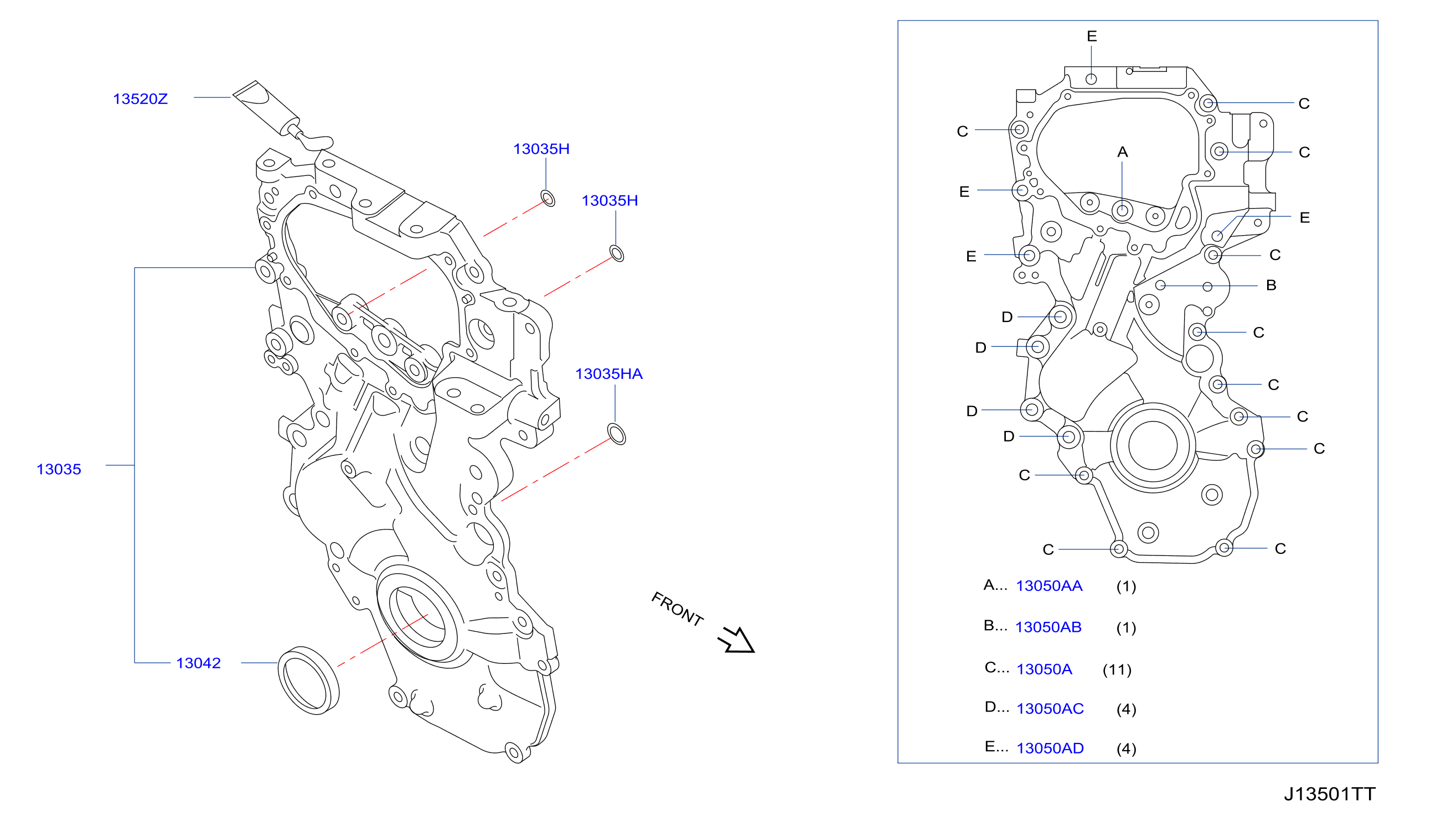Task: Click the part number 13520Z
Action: click(141, 99)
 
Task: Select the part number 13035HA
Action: click(608, 374)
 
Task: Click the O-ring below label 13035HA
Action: click(617, 434)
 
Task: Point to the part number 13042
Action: click(198, 663)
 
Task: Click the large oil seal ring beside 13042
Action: click(308, 680)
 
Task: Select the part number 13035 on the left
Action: click(59, 469)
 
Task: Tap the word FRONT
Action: click(678, 610)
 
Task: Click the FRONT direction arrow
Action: click(737, 641)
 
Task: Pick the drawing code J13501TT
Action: click(1330, 794)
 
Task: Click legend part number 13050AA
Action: click(1049, 586)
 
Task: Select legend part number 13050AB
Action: click(1048, 627)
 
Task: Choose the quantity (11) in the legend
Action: click(1117, 669)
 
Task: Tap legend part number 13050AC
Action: click(1050, 709)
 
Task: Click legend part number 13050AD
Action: click(1050, 749)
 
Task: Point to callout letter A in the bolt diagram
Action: click(1123, 152)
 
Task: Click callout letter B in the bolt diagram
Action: click(1272, 285)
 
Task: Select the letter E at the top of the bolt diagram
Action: click(1092, 36)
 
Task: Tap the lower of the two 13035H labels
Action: click(609, 201)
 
